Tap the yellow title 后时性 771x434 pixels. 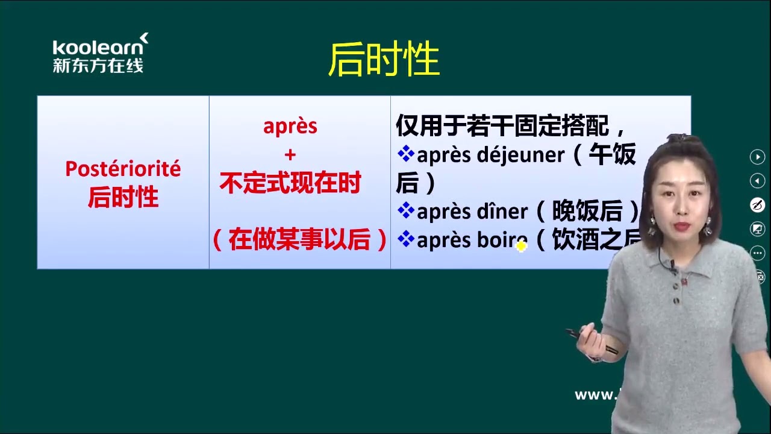click(x=384, y=60)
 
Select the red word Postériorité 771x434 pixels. click(x=123, y=169)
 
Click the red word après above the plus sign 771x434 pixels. click(x=290, y=126)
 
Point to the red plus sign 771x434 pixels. click(x=290, y=155)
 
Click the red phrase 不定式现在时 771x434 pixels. click(x=290, y=183)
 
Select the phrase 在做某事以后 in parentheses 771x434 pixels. click(x=299, y=240)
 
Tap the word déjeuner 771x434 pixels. click(x=520, y=155)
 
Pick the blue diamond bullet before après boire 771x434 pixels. click(x=406, y=239)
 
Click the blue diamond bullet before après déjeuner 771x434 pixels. click(x=406, y=154)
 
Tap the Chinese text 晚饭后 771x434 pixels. click(x=587, y=211)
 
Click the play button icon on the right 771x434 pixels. click(x=757, y=157)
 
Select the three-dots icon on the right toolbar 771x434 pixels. click(x=757, y=253)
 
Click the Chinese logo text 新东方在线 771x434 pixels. click(x=98, y=66)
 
